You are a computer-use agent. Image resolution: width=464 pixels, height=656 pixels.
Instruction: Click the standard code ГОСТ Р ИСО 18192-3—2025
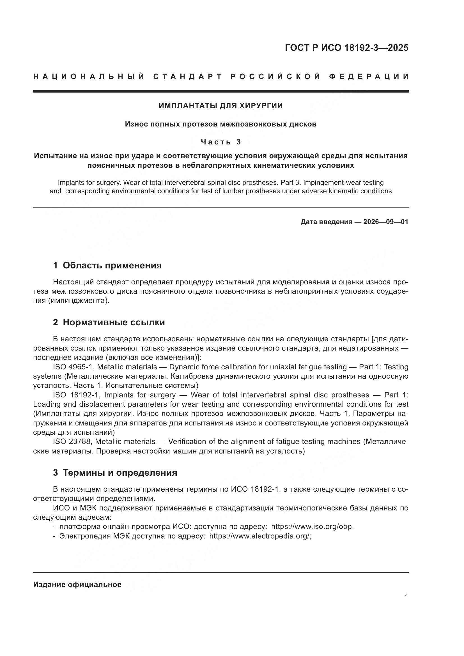[346, 48]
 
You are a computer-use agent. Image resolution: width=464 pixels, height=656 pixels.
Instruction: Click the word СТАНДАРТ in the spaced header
[187, 77]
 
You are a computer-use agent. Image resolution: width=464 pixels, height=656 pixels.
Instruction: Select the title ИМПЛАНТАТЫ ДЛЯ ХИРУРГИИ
[220, 106]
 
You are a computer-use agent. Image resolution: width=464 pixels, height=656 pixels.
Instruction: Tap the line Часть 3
[220, 142]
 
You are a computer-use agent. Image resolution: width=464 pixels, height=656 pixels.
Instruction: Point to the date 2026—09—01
[386, 222]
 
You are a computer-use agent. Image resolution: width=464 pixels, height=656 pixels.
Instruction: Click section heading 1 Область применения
[107, 265]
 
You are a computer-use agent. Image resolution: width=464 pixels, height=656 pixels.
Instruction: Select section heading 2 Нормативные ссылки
[109, 323]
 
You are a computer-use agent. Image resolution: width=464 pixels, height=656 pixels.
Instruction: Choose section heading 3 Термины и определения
[115, 473]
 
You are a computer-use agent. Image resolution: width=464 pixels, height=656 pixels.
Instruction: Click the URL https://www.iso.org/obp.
[312, 527]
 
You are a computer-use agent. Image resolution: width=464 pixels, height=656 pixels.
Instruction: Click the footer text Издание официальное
[77, 584]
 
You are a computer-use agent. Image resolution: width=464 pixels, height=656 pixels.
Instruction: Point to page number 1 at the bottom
[406, 597]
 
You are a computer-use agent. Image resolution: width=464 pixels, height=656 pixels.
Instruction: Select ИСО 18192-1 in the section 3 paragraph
[254, 489]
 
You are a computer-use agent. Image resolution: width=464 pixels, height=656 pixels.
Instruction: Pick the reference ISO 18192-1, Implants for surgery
[114, 395]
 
